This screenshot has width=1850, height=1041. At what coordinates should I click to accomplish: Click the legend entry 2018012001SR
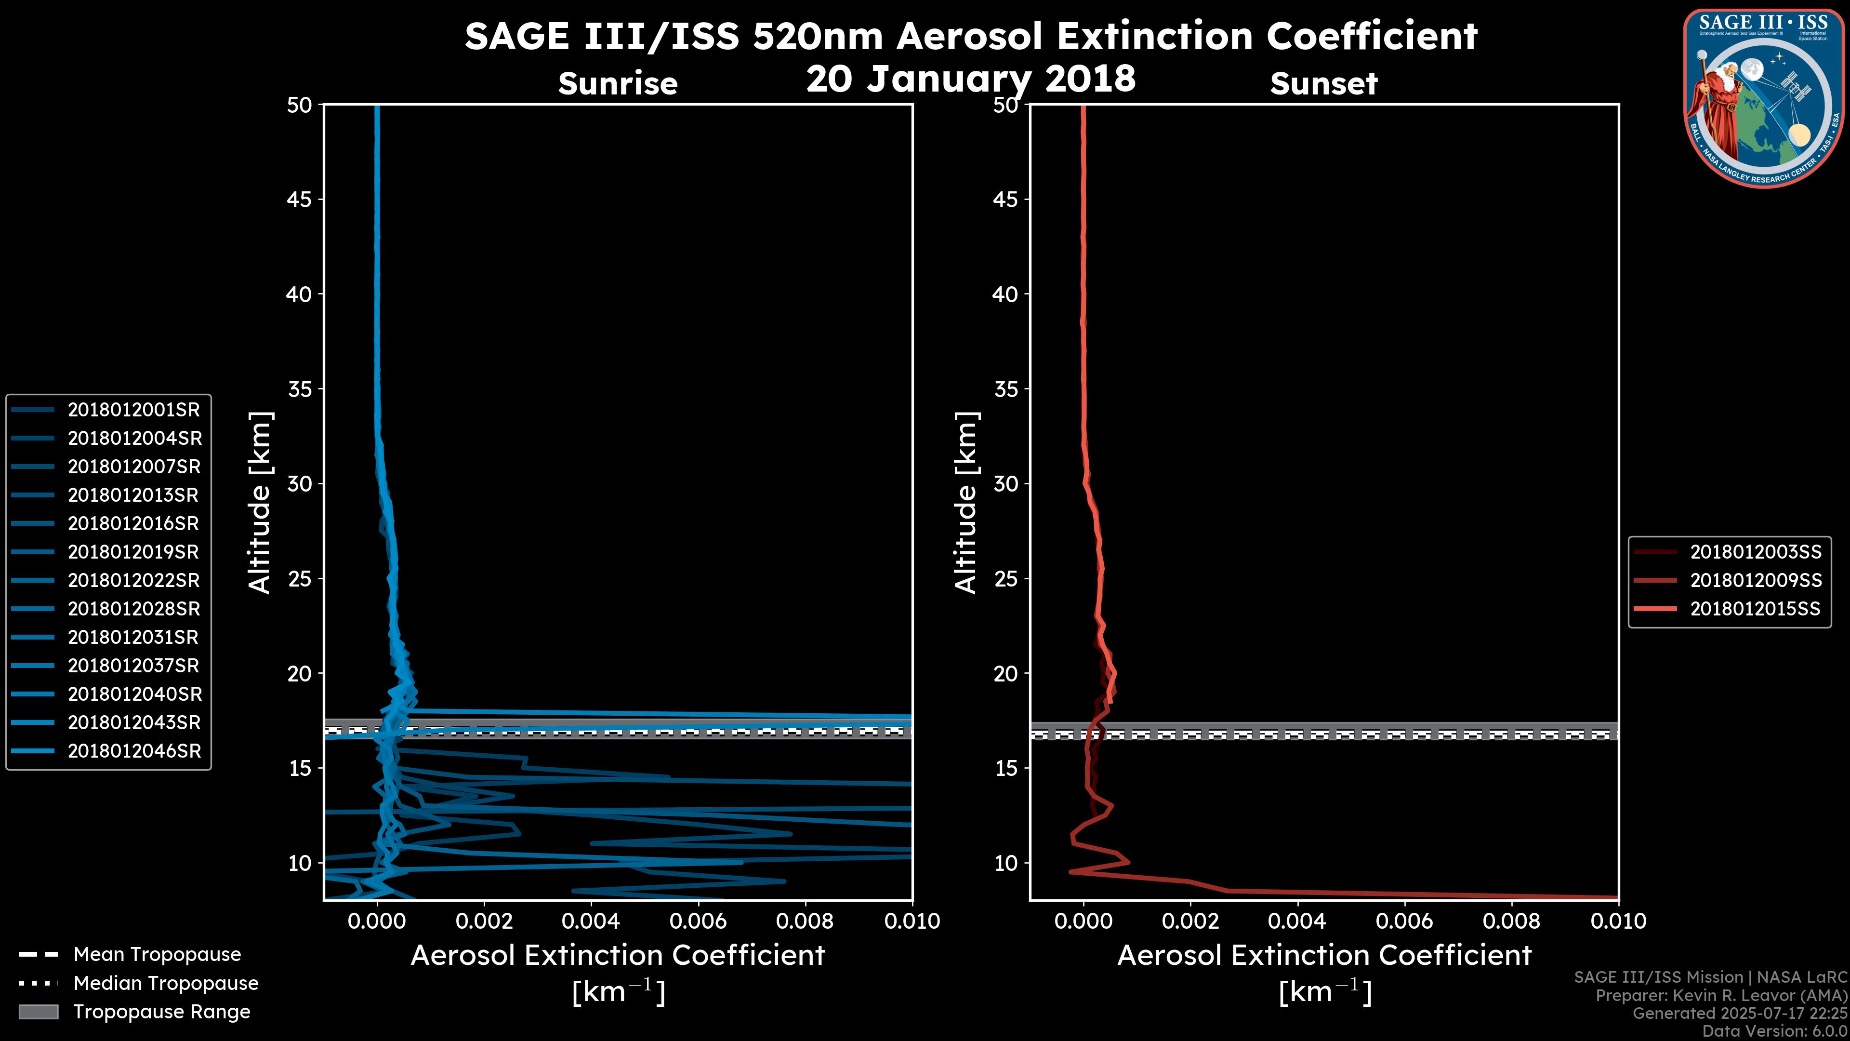coord(133,410)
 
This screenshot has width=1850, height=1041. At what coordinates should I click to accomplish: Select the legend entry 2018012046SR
coord(133,751)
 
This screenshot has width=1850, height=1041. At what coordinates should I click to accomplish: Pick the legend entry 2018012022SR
coord(133,580)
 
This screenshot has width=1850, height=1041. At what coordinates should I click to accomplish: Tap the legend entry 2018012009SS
coord(1755,580)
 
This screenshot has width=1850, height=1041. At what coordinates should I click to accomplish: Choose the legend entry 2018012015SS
coord(1755,609)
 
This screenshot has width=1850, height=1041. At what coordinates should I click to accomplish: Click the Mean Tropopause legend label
coord(157,955)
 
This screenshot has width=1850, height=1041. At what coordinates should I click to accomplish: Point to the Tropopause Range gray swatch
coord(39,1012)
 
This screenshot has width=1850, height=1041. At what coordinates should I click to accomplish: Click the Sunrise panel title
coord(618,84)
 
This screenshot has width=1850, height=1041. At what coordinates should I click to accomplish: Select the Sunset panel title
coord(1323,84)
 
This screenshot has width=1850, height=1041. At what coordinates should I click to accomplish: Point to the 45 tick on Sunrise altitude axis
coord(300,200)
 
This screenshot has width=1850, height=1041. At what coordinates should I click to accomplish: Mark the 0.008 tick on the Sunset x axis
coord(1512,921)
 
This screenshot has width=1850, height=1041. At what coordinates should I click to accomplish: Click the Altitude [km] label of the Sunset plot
coord(966,503)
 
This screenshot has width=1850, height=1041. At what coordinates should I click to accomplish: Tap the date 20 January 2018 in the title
coord(971,78)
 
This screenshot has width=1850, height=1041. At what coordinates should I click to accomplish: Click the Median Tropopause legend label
coord(166,984)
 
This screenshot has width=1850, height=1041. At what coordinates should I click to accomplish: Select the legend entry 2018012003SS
coord(1755,552)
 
